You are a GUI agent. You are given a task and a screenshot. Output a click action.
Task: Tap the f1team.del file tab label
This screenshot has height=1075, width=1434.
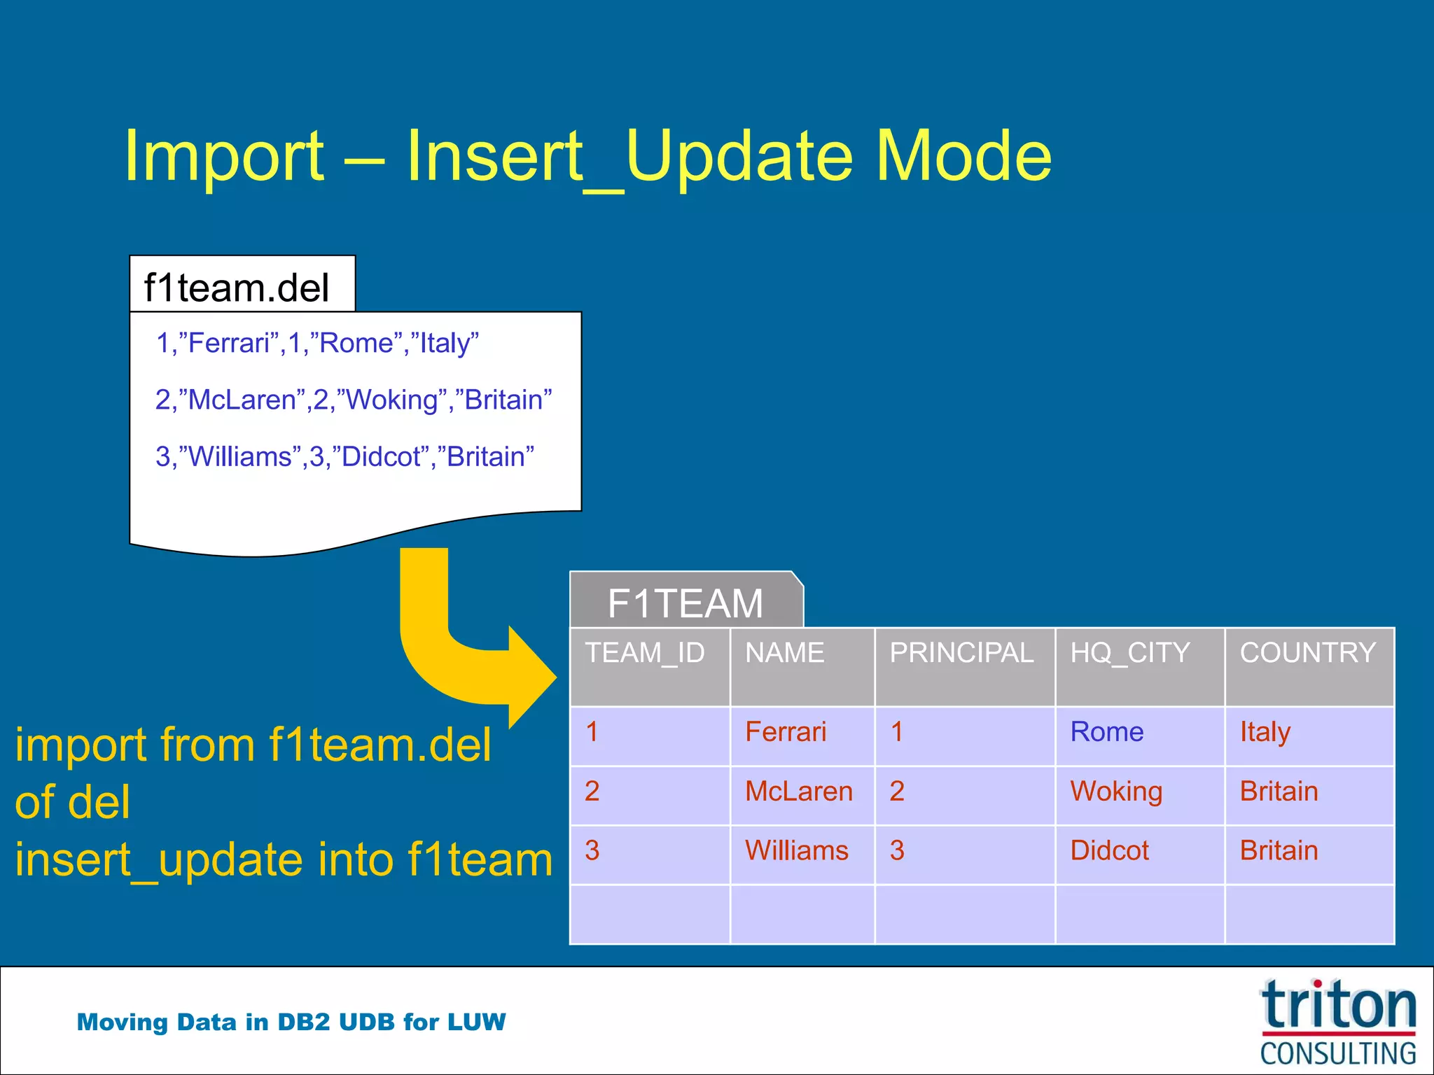[x=237, y=288]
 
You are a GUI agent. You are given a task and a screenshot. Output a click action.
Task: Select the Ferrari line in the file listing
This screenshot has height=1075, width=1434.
[x=317, y=343]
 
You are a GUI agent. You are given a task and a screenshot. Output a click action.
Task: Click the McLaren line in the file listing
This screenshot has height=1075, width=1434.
[x=353, y=400]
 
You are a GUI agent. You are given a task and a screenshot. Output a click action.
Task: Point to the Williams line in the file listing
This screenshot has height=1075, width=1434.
[x=344, y=456]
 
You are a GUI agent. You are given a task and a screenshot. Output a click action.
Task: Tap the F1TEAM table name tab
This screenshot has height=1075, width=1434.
[x=685, y=603]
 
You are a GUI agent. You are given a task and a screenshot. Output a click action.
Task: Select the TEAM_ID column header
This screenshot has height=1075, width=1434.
[x=645, y=653]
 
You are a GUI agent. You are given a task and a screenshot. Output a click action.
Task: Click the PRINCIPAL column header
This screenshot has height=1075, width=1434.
[x=961, y=653]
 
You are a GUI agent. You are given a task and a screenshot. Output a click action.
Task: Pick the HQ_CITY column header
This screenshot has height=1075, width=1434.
[x=1129, y=653]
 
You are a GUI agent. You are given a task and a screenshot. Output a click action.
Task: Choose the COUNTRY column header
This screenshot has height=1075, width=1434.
[x=1307, y=653]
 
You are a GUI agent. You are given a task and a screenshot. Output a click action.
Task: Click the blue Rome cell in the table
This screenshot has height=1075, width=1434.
[x=1106, y=732]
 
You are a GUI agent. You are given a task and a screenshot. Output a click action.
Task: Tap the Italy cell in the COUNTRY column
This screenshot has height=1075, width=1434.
[x=1265, y=732]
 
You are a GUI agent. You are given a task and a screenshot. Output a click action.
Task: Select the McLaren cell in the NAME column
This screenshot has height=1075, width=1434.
[x=798, y=792]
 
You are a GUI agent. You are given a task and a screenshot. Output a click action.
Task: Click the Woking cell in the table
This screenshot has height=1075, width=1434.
[x=1116, y=792]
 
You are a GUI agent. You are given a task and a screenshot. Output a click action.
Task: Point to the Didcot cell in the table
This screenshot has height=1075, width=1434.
[x=1109, y=851]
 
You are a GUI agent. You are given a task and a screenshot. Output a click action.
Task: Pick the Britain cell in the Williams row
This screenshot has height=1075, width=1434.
[x=1279, y=851]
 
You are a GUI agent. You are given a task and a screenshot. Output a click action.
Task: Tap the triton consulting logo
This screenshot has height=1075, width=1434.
[x=1337, y=1022]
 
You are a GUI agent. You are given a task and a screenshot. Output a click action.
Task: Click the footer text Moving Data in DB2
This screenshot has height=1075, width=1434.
[x=291, y=1022]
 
